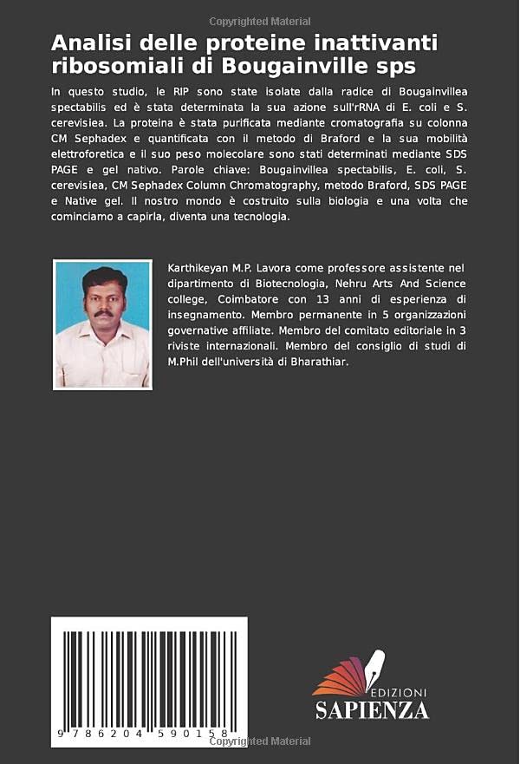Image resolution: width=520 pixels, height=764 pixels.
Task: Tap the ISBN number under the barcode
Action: tap(148, 735)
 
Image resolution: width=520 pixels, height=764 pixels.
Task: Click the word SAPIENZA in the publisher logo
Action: tap(372, 710)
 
